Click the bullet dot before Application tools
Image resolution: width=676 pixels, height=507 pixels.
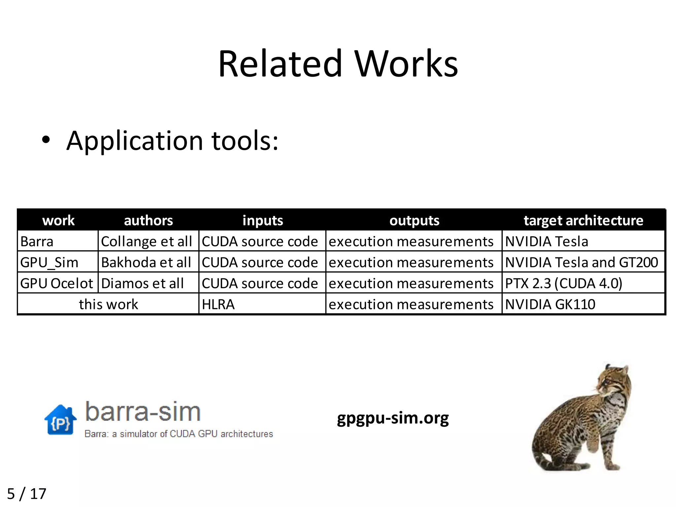click(x=46, y=140)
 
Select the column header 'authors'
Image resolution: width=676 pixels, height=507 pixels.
click(x=148, y=220)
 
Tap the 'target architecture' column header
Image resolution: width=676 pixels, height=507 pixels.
click(x=583, y=220)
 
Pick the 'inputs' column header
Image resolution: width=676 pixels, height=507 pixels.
click(x=262, y=220)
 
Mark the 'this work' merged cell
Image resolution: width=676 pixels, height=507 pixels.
click(x=108, y=304)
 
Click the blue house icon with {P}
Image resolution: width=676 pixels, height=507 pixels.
click(x=60, y=420)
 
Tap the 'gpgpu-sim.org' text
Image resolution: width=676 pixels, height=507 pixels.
click(x=393, y=418)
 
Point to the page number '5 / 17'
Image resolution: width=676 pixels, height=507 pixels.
click(x=27, y=494)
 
